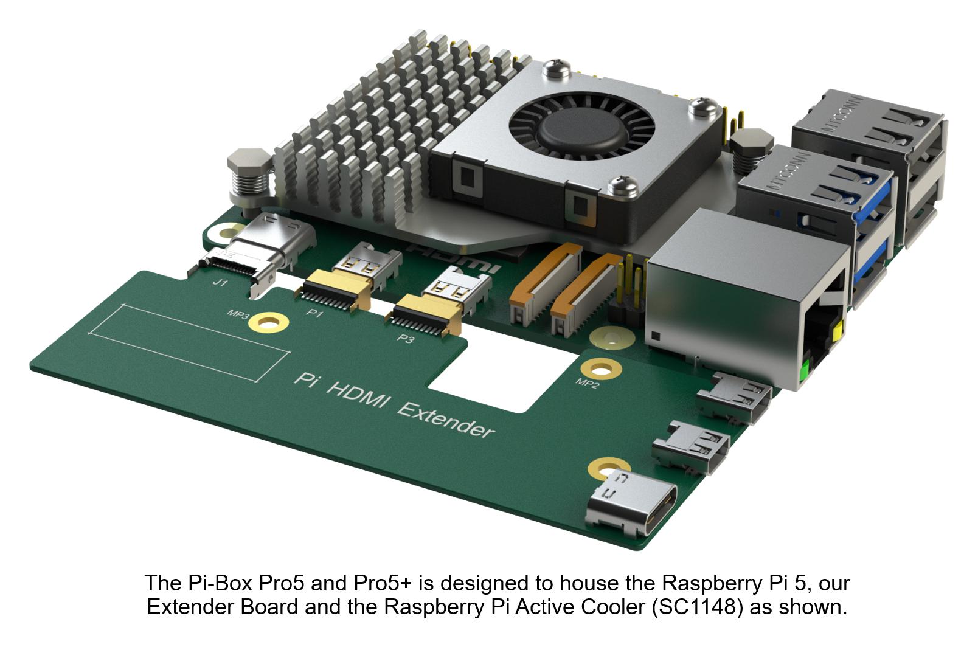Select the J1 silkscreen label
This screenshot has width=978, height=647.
point(220,283)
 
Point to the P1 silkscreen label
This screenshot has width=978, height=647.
point(314,313)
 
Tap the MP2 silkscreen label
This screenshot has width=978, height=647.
point(587,384)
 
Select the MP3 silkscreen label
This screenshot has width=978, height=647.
point(238,314)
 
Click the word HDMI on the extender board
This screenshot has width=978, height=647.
point(356,393)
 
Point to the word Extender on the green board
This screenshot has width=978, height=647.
point(445,419)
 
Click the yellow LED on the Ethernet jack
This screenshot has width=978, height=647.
point(839,332)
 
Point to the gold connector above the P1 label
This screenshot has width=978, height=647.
point(335,289)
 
